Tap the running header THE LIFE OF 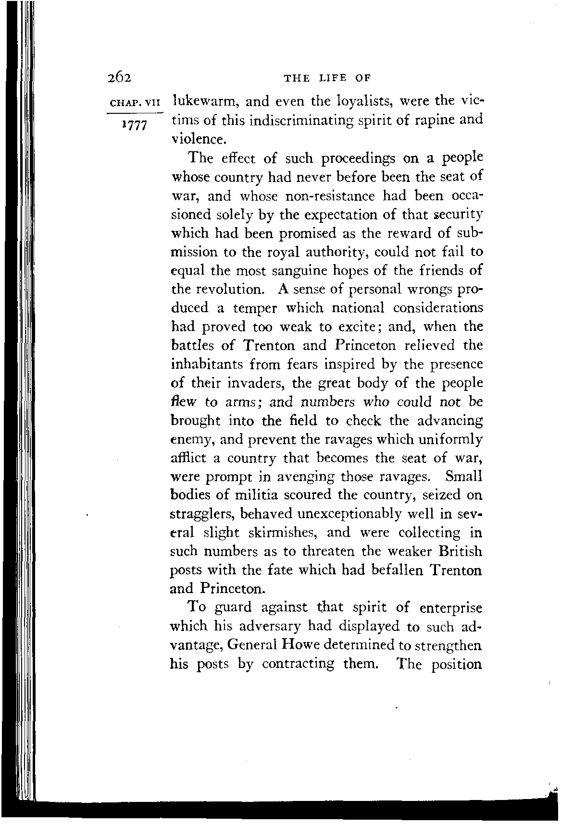328,78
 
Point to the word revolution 228,290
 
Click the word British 455,551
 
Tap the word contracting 299,664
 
